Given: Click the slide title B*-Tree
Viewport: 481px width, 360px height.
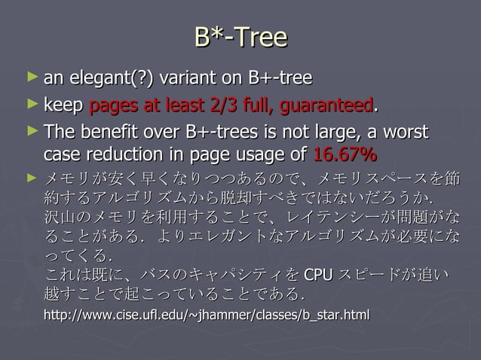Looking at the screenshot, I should pyautogui.click(x=240, y=37).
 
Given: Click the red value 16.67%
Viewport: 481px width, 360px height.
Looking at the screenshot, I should pyautogui.click(x=345, y=156).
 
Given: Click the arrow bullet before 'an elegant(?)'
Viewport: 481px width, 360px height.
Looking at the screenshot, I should pyautogui.click(x=30, y=77).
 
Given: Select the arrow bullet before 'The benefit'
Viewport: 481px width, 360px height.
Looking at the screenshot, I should pyautogui.click(x=30, y=132).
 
